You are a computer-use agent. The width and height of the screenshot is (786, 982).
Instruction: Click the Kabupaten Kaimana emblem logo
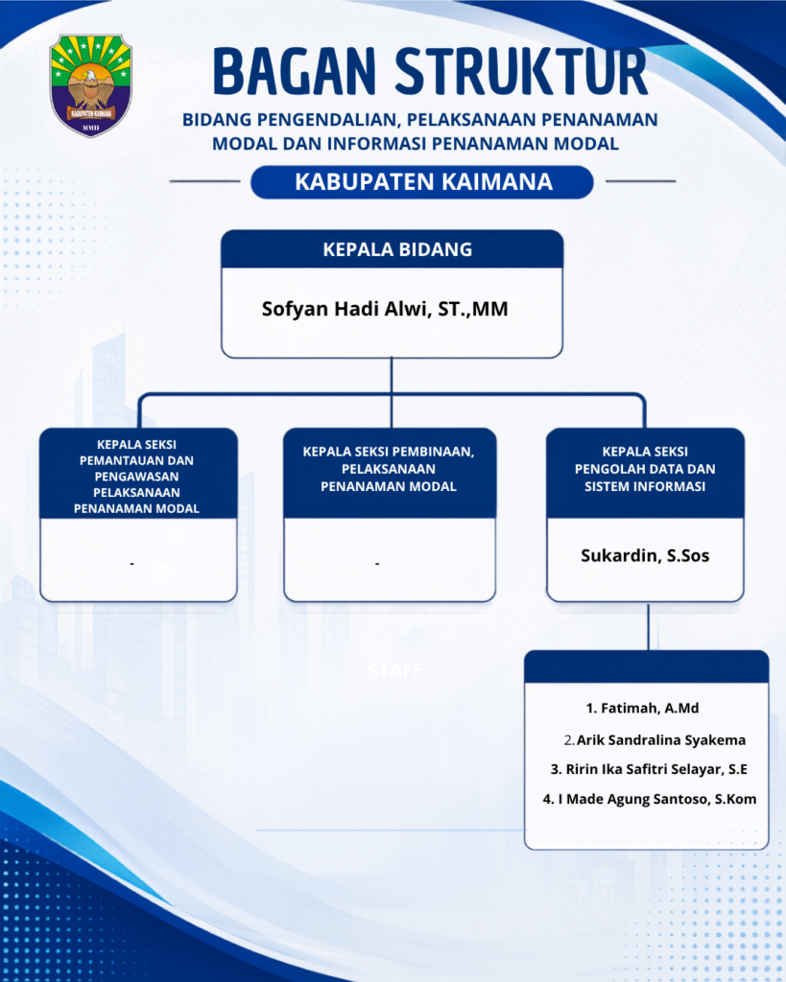(91, 85)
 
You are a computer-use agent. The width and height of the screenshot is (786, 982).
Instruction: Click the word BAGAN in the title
(295, 71)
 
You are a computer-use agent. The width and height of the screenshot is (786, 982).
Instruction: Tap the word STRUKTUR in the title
(521, 71)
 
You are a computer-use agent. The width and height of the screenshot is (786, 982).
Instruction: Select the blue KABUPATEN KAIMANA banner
(422, 181)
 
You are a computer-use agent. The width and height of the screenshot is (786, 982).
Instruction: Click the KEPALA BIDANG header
(397, 249)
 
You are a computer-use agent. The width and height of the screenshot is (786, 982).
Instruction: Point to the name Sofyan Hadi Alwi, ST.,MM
(385, 309)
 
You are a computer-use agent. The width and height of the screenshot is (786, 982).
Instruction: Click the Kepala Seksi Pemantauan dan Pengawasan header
(137, 476)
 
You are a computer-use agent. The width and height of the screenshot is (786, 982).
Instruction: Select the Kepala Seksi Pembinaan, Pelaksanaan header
(389, 469)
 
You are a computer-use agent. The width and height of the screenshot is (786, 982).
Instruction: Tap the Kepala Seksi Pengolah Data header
(645, 469)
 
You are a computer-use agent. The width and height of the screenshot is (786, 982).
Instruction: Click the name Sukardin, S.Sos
(645, 555)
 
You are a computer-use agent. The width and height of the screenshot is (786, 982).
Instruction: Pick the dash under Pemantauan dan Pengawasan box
(132, 564)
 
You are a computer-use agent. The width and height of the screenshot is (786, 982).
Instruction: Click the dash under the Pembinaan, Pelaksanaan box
(377, 564)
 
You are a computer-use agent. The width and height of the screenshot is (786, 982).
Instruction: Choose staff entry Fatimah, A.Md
(642, 709)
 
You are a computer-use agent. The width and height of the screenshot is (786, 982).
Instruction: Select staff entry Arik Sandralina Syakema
(655, 740)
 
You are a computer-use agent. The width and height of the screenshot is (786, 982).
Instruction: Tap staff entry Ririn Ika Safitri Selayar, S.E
(649, 769)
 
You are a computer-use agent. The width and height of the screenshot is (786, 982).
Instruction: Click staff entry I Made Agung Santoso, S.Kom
(650, 799)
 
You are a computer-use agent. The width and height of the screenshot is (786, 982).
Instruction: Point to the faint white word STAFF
(395, 670)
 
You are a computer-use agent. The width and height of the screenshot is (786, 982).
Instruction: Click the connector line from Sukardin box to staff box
(648, 627)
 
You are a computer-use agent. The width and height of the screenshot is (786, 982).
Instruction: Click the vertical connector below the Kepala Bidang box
(392, 392)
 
